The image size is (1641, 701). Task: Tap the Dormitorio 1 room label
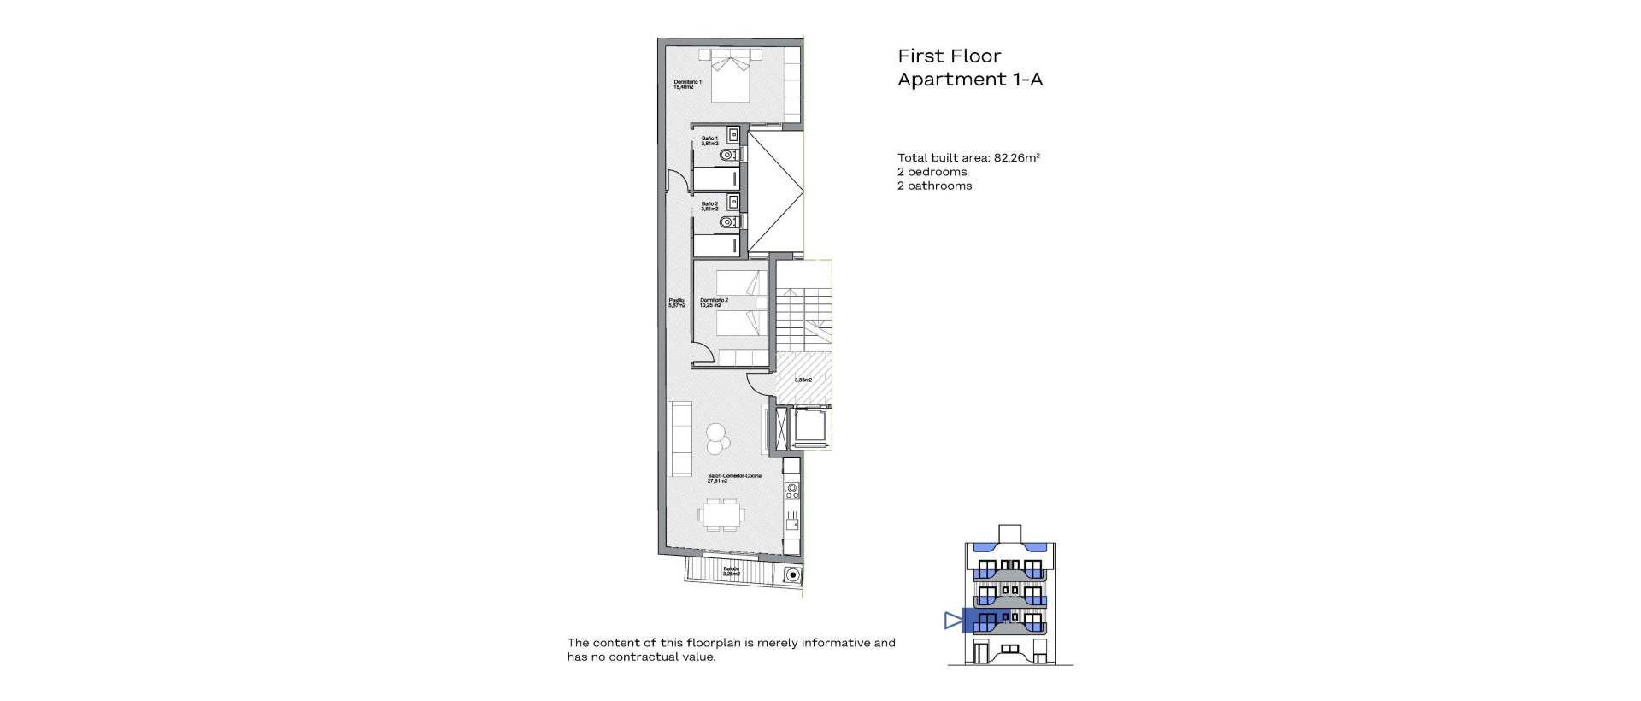click(687, 85)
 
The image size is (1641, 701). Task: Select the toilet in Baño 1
click(729, 156)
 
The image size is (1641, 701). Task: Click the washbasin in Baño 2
click(733, 202)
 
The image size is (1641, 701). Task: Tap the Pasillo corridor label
click(676, 303)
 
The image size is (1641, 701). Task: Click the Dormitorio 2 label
click(714, 303)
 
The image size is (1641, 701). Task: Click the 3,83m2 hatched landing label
click(803, 380)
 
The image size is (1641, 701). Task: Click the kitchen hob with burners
click(193, 492)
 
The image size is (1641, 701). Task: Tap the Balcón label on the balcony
click(731, 571)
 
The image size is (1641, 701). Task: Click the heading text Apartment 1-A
click(969, 80)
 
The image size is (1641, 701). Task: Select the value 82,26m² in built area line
click(1016, 157)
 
